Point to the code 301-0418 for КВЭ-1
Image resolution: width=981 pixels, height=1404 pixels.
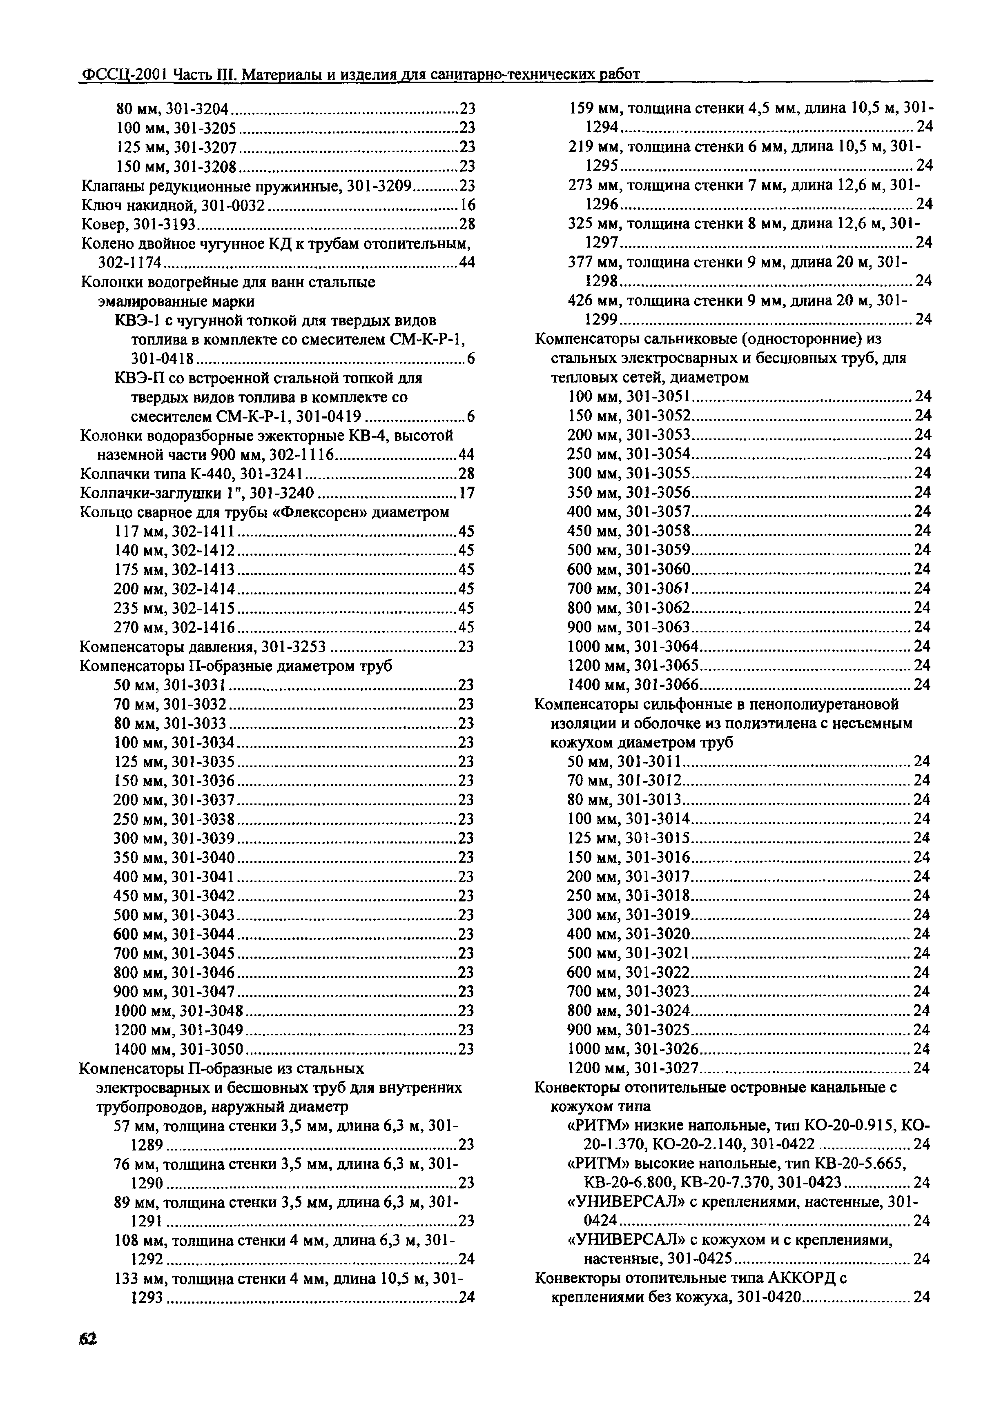click(162, 359)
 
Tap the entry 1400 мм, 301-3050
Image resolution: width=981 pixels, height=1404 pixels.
click(178, 1049)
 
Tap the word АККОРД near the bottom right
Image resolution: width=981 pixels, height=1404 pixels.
click(798, 1278)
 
